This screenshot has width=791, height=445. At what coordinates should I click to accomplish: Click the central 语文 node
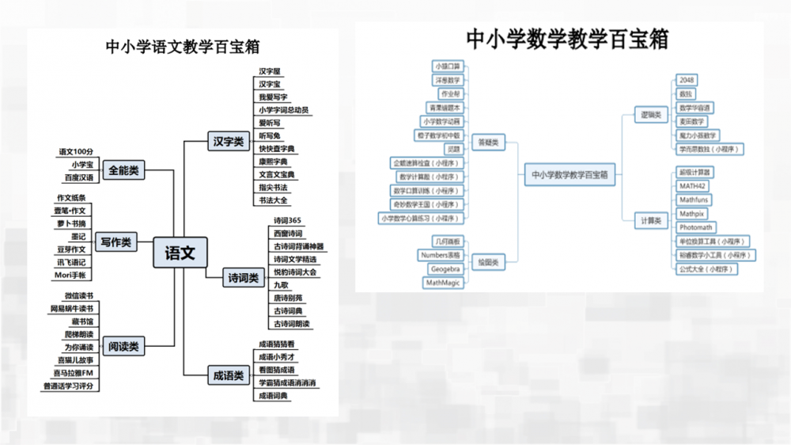[x=180, y=253]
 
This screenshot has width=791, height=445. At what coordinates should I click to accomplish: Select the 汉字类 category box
[x=228, y=142]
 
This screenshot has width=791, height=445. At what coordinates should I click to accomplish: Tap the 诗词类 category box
[x=244, y=278]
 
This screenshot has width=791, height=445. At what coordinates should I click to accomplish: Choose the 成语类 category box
[x=228, y=375]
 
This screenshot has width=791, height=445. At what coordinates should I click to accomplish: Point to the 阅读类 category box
[x=123, y=346]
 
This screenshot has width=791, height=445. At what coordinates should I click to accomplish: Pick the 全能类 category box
[x=124, y=169]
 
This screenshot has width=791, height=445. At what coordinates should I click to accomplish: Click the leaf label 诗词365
[x=287, y=221]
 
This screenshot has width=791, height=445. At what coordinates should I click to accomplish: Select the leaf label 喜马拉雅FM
[x=74, y=373]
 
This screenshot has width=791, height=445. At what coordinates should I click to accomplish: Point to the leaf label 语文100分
[x=77, y=151]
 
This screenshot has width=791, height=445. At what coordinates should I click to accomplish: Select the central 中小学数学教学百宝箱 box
[x=569, y=175]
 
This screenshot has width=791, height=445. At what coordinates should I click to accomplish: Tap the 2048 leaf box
[x=687, y=80]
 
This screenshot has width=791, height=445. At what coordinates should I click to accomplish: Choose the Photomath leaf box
[x=696, y=227]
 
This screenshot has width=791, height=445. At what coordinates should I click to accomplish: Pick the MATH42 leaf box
[x=692, y=186]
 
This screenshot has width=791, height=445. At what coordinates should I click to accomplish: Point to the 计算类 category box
[x=651, y=221]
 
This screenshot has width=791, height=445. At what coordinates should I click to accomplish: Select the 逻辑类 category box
[x=650, y=115]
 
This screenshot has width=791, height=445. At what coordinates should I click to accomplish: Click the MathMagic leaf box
[x=443, y=283]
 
